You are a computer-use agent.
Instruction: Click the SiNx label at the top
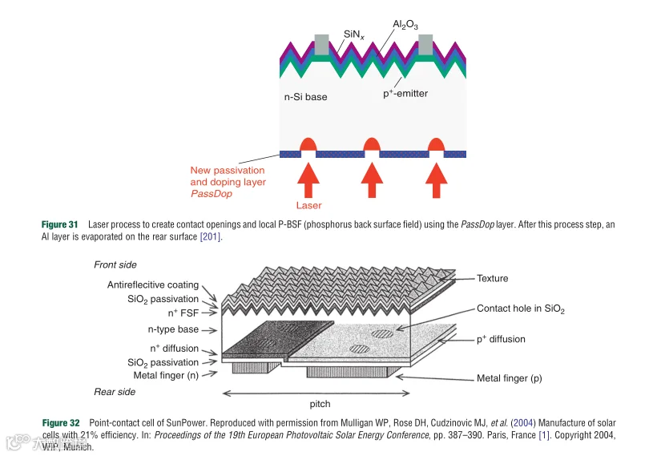(353, 34)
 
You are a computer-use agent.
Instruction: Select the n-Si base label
(306, 97)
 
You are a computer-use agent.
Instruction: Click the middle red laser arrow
(371, 179)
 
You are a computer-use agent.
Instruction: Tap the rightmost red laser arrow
(435, 179)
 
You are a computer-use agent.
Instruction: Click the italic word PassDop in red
(208, 194)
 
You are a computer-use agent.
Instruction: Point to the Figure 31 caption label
(60, 225)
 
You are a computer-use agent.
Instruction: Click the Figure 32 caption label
(61, 422)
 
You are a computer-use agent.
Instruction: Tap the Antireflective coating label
(153, 284)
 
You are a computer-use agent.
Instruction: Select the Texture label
(493, 278)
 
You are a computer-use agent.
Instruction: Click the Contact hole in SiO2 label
(521, 309)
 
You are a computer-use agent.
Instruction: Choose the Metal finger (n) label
(167, 374)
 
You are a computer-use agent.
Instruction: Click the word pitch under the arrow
(320, 404)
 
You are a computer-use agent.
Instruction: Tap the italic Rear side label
(115, 392)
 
